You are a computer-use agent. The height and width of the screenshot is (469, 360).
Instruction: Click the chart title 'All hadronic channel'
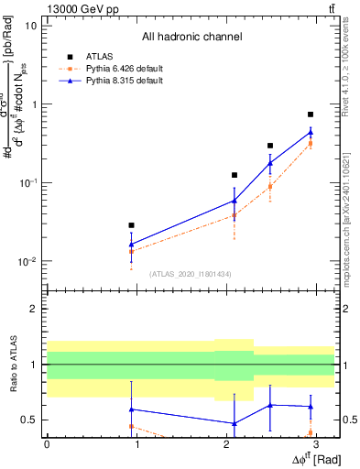191,38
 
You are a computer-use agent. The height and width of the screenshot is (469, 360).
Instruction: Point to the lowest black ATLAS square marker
132,225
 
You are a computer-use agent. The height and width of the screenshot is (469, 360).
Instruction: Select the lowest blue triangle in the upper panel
132,244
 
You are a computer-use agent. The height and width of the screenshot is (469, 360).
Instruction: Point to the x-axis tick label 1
136,443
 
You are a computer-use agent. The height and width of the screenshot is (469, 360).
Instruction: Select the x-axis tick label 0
47,443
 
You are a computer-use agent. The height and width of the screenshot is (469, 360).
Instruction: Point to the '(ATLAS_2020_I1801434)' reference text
191,274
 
